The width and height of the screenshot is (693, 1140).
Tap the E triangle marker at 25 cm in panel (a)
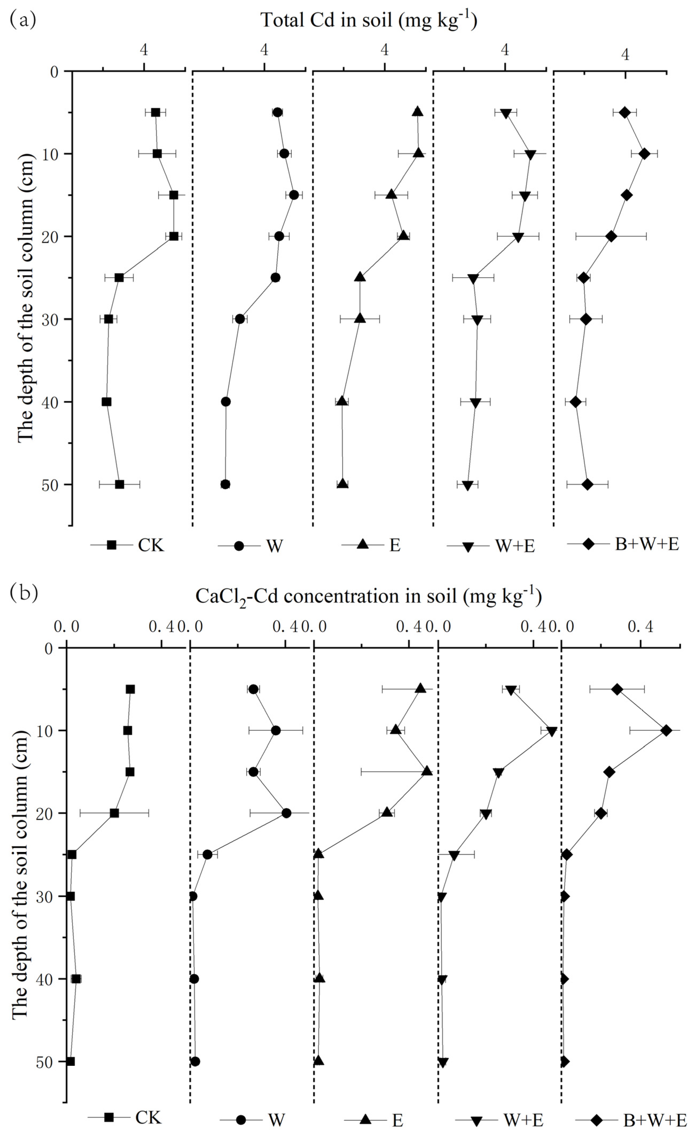(360, 277)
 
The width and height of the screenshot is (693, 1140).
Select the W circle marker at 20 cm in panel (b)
(286, 813)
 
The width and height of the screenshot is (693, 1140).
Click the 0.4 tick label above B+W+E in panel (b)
(640, 627)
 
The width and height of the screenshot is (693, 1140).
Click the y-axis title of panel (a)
(25, 298)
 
